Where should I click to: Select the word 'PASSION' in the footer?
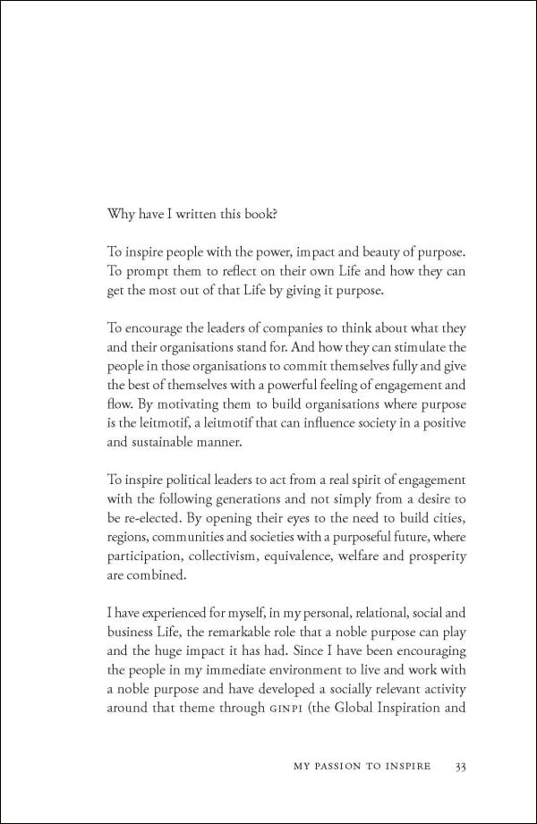(x=354, y=766)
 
